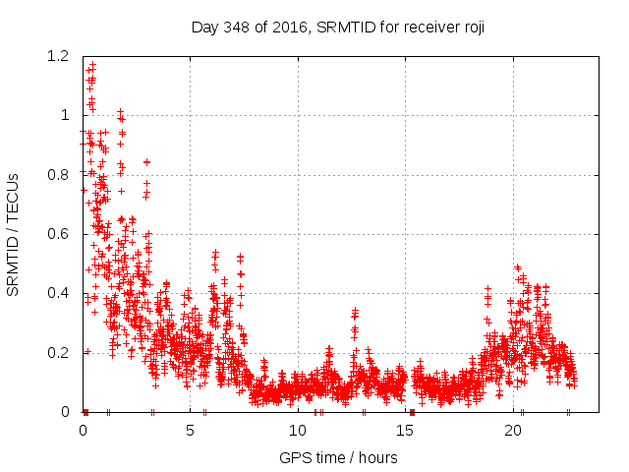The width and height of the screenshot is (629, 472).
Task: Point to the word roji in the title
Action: tap(472, 28)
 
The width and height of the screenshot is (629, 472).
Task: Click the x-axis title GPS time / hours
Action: tap(338, 457)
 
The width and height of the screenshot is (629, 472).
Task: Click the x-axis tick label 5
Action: tap(191, 431)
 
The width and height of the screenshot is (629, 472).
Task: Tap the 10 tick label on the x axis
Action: tap(298, 431)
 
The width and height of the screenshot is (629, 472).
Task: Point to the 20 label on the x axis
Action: tap(513, 431)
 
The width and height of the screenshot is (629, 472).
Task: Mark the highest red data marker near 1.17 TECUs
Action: tap(92, 65)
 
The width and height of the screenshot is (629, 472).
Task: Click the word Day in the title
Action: tap(201, 28)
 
